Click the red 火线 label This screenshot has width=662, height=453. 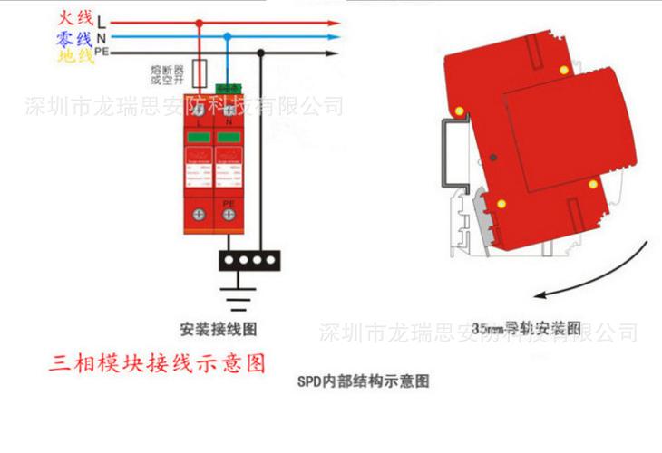coord(74,17)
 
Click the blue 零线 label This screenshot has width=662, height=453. coord(74,38)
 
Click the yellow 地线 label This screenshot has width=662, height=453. coord(74,56)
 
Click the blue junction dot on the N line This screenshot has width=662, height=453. coord(227,38)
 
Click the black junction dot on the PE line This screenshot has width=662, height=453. coord(261,53)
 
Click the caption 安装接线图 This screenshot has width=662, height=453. coord(215,329)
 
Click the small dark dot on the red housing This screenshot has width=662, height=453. coord(492,156)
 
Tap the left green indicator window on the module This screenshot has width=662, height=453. coord(199,137)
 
